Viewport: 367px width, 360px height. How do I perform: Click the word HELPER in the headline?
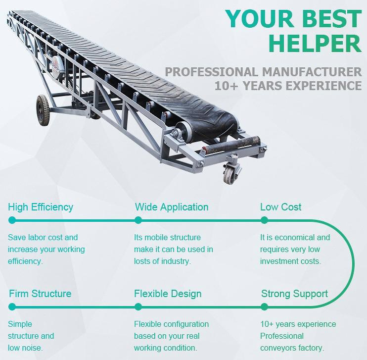(x=315, y=44)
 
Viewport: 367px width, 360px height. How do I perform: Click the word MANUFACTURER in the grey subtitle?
(x=312, y=72)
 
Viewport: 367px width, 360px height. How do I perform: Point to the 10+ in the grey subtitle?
(x=226, y=86)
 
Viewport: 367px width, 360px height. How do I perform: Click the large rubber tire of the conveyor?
(x=43, y=110)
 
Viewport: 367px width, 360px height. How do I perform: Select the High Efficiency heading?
(x=41, y=207)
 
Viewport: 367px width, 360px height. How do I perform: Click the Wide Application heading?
(x=172, y=207)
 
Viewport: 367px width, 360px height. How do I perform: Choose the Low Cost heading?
(x=280, y=207)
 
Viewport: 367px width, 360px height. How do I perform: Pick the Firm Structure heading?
(x=40, y=294)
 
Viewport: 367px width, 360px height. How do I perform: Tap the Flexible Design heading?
(x=168, y=294)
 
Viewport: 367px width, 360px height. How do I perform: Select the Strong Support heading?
(x=294, y=294)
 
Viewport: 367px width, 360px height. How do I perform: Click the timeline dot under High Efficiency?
(x=12, y=220)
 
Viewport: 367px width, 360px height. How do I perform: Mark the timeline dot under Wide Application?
(x=138, y=220)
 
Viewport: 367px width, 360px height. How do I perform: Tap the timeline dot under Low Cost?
(x=264, y=220)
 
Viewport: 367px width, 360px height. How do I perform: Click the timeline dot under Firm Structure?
(x=12, y=307)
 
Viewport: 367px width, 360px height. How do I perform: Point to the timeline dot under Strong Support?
(x=264, y=307)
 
